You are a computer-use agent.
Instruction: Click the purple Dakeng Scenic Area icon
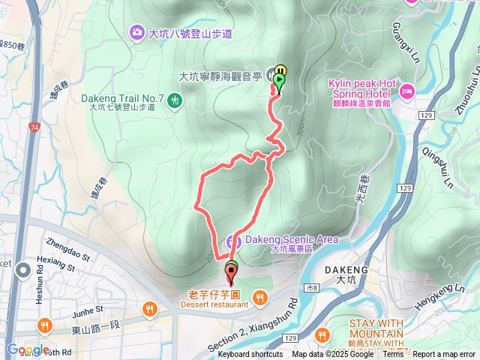pos(238,241)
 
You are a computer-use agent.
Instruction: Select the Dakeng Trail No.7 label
pos(122,97)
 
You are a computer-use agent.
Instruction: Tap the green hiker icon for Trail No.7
pos(175,99)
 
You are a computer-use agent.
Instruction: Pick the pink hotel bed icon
pos(406,92)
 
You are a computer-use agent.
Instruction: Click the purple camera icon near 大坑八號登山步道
pos(137,32)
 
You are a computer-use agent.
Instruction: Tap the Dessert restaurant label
pos(214,304)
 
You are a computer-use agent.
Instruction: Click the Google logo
pos(28,350)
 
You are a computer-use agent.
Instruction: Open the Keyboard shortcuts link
pos(250,355)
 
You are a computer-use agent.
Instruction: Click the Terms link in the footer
pos(393,355)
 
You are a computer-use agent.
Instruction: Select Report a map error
pos(445,355)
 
